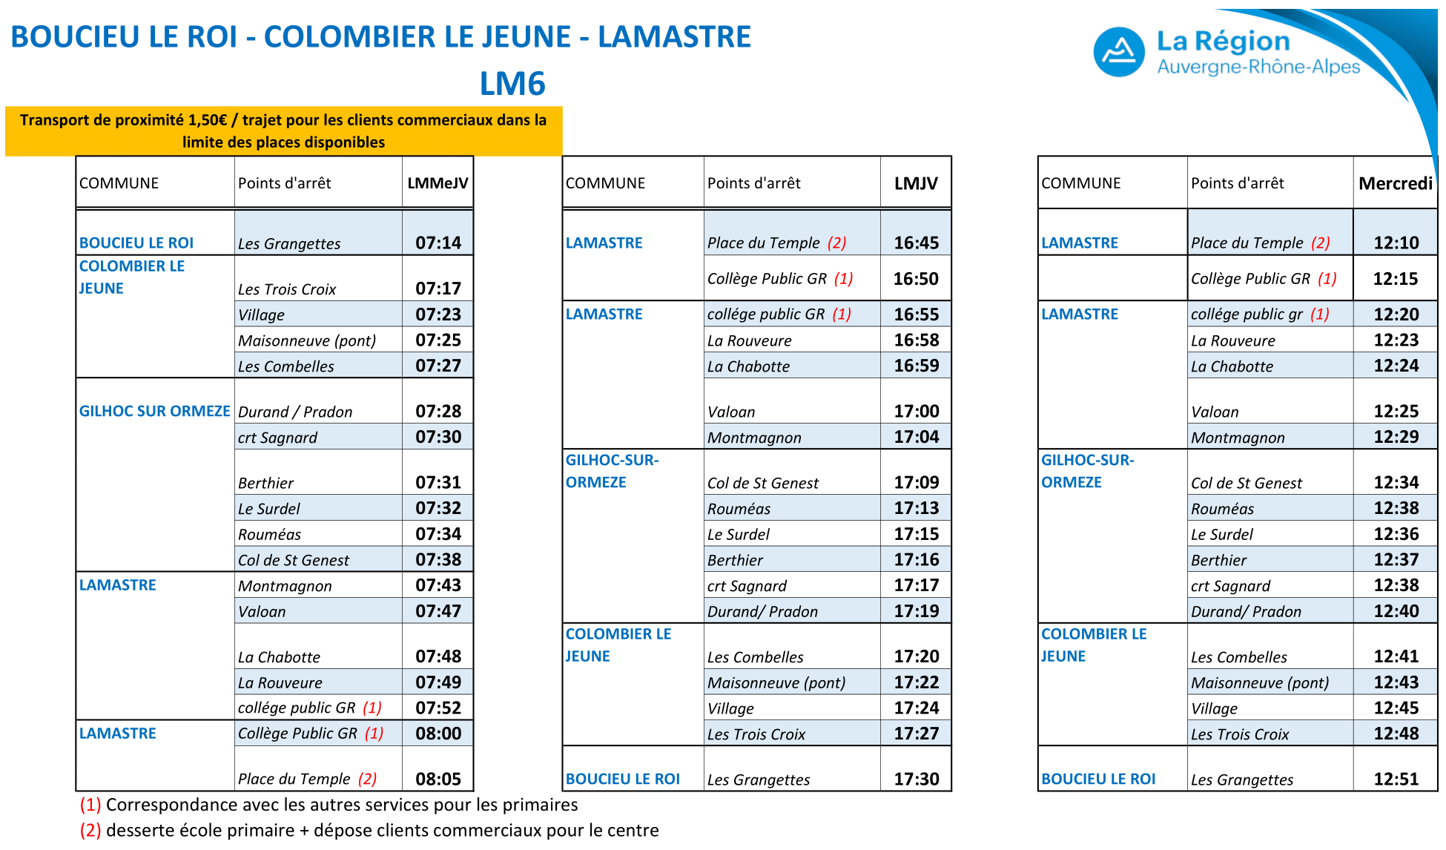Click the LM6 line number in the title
(x=512, y=84)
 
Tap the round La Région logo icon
(x=1119, y=52)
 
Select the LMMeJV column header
(x=438, y=183)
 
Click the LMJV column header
(x=916, y=183)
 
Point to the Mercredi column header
(x=1396, y=183)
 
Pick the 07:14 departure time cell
(x=438, y=243)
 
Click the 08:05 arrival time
(x=438, y=779)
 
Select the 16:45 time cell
(x=917, y=243)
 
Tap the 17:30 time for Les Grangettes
(x=917, y=779)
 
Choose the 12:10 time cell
(x=1396, y=243)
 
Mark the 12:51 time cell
(x=1396, y=779)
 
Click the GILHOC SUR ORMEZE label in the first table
(x=155, y=411)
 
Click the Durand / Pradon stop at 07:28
(x=295, y=412)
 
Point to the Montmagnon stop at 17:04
(x=754, y=438)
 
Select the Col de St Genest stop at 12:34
(x=1247, y=483)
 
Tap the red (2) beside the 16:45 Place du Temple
(x=837, y=243)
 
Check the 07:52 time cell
(x=438, y=708)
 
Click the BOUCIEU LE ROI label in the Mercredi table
(x=1098, y=779)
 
